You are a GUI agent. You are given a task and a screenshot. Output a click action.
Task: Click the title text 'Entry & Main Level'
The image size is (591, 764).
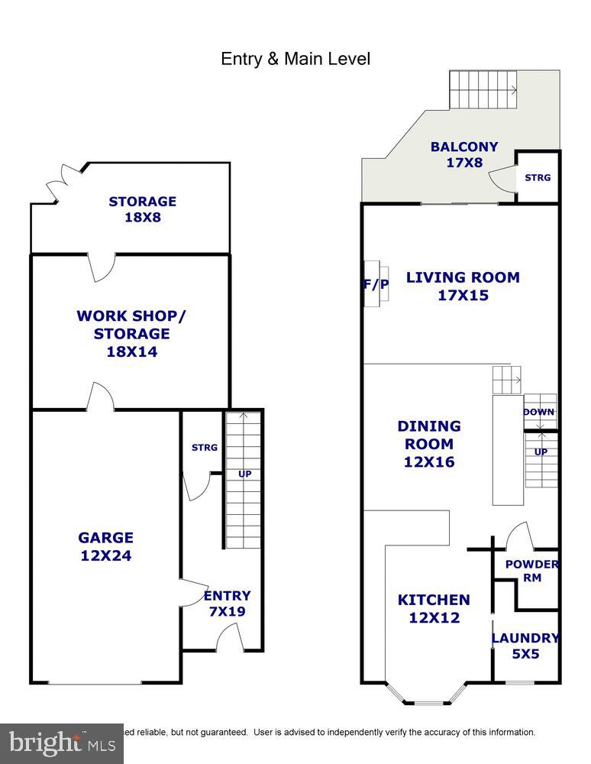(295, 59)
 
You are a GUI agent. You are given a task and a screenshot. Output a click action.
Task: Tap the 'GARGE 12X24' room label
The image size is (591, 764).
(106, 547)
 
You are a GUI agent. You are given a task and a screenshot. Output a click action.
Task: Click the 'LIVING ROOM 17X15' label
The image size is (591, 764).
(463, 286)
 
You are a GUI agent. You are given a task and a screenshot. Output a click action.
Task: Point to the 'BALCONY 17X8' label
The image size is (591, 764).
(463, 154)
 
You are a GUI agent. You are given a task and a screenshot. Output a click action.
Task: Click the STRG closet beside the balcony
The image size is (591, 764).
(538, 177)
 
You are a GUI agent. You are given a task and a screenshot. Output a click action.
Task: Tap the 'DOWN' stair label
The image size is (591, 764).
(538, 413)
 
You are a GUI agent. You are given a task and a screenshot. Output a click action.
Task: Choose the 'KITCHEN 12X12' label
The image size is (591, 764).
(434, 609)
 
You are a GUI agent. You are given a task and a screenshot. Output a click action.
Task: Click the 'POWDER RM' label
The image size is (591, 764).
(531, 571)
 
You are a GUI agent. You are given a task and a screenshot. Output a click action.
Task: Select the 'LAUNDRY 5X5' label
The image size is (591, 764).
(525, 646)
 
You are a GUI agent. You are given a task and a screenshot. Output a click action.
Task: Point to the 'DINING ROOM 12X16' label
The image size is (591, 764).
(429, 444)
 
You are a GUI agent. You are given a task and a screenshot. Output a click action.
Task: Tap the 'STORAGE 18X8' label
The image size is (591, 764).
(142, 209)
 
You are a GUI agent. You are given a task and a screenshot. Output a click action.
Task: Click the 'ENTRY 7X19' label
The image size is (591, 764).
(227, 604)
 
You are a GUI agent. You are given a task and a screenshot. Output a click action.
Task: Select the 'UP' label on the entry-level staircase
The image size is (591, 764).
(244, 474)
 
